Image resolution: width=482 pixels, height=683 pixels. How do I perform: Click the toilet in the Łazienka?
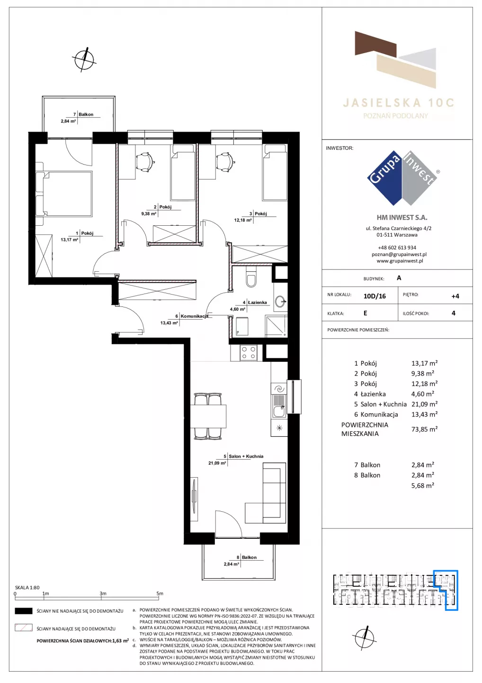tap(251, 278)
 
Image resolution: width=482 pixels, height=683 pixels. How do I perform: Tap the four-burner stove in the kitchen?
tap(248, 353)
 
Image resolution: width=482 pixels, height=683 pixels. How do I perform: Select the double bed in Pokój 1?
tap(63, 194)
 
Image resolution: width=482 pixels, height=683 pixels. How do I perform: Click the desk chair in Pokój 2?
tap(144, 161)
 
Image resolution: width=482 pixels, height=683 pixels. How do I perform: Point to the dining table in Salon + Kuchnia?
tap(208, 416)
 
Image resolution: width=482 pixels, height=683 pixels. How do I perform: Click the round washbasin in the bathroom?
tap(280, 302)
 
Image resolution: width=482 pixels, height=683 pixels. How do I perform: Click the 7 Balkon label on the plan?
tap(83, 114)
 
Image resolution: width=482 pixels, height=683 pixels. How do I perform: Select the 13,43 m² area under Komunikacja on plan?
tap(169, 323)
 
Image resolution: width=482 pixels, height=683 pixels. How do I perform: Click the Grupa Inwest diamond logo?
tap(402, 178)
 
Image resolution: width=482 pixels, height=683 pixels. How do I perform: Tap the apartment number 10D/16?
tap(375, 296)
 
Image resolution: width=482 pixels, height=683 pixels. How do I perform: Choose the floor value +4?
tap(455, 296)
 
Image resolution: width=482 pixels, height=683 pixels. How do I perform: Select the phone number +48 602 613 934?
tap(397, 248)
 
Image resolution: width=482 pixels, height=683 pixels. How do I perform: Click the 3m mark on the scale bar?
tap(103, 594)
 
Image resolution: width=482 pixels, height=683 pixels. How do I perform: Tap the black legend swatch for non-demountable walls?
tap(23, 611)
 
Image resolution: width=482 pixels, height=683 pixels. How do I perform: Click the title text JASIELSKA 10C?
tap(399, 103)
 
